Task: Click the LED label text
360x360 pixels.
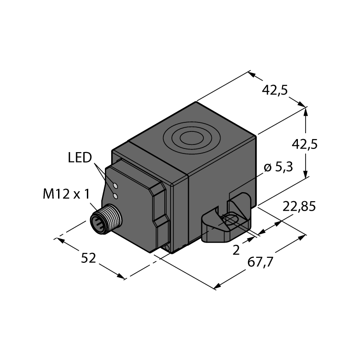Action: [x=80, y=158]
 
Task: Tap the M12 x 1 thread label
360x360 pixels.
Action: [x=66, y=194]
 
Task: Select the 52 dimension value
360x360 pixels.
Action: [x=88, y=258]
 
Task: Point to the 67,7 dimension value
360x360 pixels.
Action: [x=261, y=262]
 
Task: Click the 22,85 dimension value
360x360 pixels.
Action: [x=299, y=207]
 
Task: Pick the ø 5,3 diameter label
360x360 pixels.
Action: [x=278, y=167]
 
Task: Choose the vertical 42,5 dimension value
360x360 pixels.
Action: [x=305, y=144]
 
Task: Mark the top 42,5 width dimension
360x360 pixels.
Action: [x=274, y=90]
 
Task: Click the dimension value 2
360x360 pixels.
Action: [x=236, y=250]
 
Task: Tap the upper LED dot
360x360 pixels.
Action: [x=116, y=185]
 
